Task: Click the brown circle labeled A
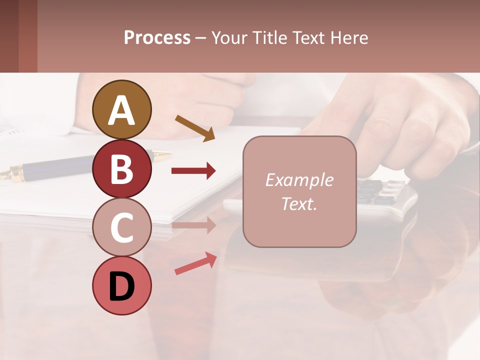(x=121, y=109)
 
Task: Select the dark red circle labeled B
(x=121, y=168)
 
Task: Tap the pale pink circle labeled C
(x=121, y=227)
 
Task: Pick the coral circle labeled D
(x=121, y=285)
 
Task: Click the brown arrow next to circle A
(x=195, y=128)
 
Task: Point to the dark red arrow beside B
(x=193, y=171)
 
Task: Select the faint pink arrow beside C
(x=193, y=225)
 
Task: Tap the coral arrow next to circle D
(x=195, y=263)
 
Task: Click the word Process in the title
(x=157, y=37)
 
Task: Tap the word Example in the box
(x=299, y=180)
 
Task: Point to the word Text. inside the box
(x=299, y=203)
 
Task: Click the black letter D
(x=121, y=286)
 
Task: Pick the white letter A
(x=121, y=110)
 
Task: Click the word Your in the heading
(x=230, y=37)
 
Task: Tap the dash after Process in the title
(x=200, y=38)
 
